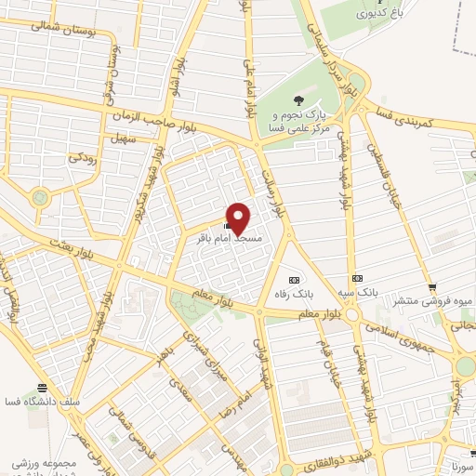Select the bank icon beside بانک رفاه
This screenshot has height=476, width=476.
point(295,279)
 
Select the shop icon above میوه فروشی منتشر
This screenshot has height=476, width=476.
point(431,285)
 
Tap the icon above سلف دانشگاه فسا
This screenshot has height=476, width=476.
point(41,387)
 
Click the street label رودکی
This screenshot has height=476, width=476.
point(81,157)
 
